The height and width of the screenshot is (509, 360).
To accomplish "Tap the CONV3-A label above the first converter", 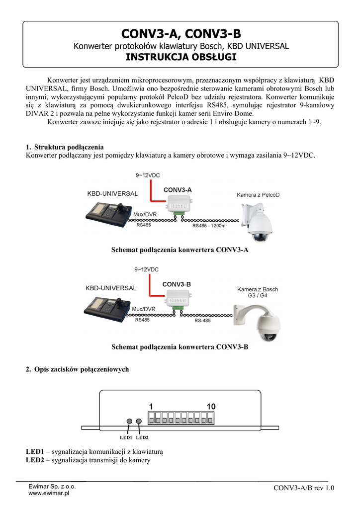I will point(178,190).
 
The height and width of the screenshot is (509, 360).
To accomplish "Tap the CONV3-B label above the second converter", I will point(177,284).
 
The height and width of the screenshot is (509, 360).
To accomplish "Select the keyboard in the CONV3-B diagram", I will point(107,308).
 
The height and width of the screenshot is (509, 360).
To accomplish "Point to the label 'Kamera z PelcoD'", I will point(258,195).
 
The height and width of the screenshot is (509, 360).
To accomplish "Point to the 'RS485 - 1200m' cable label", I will point(209,226).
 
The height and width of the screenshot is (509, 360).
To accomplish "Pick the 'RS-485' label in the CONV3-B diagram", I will point(202,321).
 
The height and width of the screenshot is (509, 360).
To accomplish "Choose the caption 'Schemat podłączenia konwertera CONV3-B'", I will point(180,347).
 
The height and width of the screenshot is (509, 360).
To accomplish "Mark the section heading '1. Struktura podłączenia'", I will point(65,147).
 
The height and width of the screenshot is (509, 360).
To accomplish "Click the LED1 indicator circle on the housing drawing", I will point(129,422).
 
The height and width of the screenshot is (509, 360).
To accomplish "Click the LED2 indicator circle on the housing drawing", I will point(139,422).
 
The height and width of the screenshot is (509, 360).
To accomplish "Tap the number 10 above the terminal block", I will point(211,407).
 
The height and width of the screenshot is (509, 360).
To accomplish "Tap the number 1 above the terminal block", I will point(151,407).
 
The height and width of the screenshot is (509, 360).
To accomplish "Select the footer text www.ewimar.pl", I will point(49,494).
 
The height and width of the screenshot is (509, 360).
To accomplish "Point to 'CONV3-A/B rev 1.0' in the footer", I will point(304,488).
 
